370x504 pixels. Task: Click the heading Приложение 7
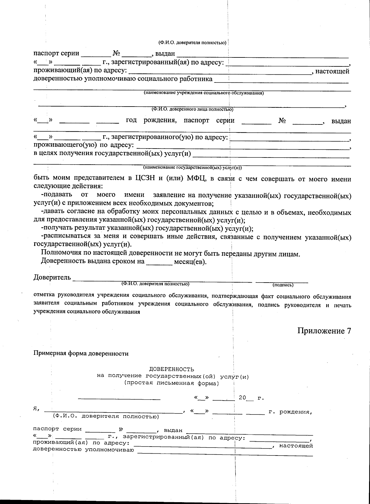[324, 331]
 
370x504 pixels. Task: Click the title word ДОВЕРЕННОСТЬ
[172, 369]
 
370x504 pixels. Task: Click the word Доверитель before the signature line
[52, 277]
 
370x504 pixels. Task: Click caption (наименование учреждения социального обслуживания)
[204, 93]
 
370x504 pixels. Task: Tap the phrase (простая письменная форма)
[171, 383]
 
